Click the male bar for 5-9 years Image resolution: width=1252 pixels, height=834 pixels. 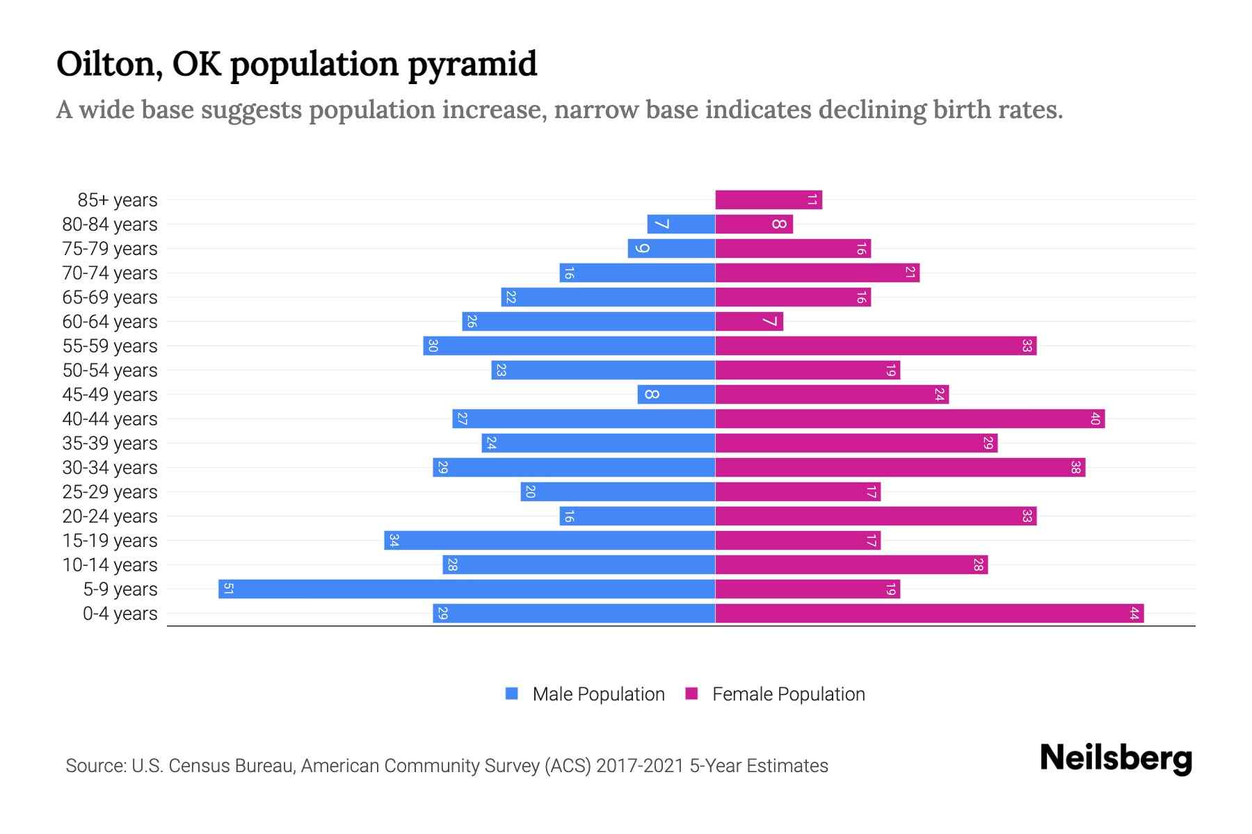pyautogui.click(x=466, y=589)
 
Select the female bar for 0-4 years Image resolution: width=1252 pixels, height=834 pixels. pyautogui.click(x=929, y=614)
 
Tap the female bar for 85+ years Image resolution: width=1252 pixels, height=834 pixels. pyautogui.click(x=769, y=200)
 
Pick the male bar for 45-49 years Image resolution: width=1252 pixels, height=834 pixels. pyautogui.click(x=676, y=395)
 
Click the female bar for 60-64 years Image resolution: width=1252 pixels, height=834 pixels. pyautogui.click(x=749, y=322)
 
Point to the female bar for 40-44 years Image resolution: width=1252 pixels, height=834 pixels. pyautogui.click(x=910, y=419)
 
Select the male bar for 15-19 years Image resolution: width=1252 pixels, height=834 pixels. pyautogui.click(x=549, y=541)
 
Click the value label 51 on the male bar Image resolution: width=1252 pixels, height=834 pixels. pyautogui.click(x=228, y=589)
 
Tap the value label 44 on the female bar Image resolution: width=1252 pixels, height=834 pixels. pyautogui.click(x=1134, y=614)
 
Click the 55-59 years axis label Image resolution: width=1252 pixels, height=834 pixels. pyautogui.click(x=110, y=346)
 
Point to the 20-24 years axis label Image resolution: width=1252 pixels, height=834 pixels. pyautogui.click(x=110, y=516)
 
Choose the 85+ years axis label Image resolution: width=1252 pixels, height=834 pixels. pyautogui.click(x=118, y=200)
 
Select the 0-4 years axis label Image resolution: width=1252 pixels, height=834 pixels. pyautogui.click(x=120, y=614)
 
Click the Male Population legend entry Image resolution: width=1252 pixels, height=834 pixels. pyautogui.click(x=598, y=694)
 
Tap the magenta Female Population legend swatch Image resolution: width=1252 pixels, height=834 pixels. pyautogui.click(x=691, y=694)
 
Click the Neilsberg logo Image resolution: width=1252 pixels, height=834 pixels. pyautogui.click(x=1116, y=758)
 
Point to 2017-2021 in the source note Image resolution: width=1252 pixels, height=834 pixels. pyautogui.click(x=640, y=766)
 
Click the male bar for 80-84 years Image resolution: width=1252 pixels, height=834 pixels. pyautogui.click(x=681, y=224)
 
